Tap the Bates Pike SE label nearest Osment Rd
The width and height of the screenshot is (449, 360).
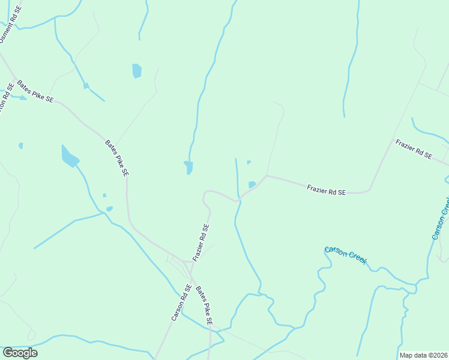coord(35,91)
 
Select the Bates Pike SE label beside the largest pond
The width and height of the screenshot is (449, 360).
coord(117,158)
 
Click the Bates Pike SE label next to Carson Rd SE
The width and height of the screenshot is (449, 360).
coord(204,306)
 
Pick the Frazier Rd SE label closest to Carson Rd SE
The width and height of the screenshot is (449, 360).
coord(201,242)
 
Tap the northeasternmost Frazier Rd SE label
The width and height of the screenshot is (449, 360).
coord(413,149)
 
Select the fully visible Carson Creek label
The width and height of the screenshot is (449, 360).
coord(346,256)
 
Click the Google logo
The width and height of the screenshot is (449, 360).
coord(20,353)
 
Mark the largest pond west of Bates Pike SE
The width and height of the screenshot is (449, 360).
coord(70,157)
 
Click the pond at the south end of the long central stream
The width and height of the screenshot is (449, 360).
coord(188,167)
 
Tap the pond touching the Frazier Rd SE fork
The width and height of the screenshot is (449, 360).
coord(252,184)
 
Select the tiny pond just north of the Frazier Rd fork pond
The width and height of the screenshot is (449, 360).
coord(249,162)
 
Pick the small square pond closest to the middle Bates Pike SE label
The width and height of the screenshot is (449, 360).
coord(104,195)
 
